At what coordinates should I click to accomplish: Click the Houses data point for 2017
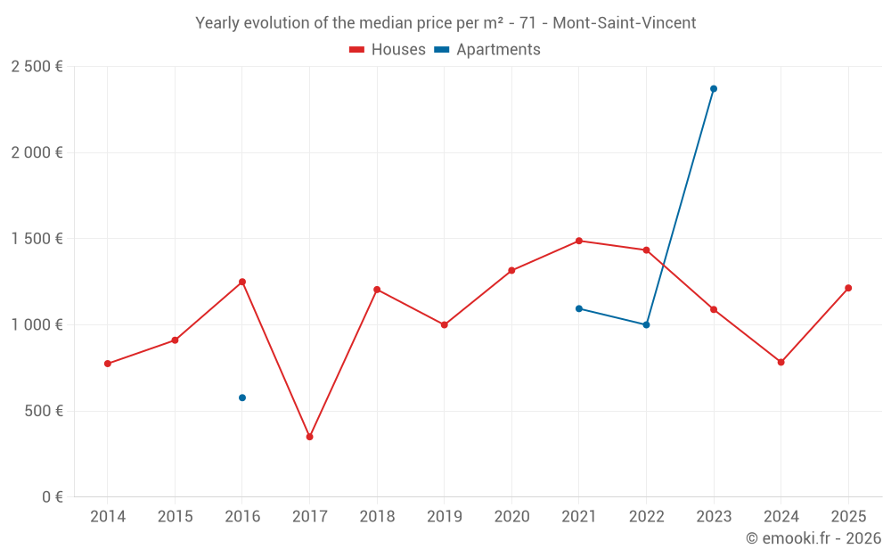coord(309,437)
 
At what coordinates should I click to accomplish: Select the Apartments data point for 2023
coord(714,89)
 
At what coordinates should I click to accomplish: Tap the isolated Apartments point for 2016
coord(242,397)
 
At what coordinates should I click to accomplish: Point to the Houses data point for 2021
coord(579,241)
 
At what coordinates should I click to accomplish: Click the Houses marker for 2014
coord(108,364)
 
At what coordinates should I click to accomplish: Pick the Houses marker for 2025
coord(848,288)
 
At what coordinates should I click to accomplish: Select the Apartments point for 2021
coord(579,308)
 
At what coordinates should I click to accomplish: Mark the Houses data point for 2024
coord(781,362)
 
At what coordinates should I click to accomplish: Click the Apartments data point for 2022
coord(646,324)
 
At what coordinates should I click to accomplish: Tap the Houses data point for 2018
coord(377,290)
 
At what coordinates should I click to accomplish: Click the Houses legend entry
coord(388,50)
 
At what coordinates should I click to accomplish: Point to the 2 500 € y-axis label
coord(37,67)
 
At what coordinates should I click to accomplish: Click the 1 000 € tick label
coord(37,325)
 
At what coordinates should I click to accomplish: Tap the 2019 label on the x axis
coord(445,517)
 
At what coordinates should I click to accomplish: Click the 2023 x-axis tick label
coord(714,517)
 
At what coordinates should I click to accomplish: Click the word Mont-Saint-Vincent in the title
coord(625,23)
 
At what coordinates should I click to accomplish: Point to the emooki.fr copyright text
coord(813,538)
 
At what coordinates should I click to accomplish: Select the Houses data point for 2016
coord(242,282)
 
